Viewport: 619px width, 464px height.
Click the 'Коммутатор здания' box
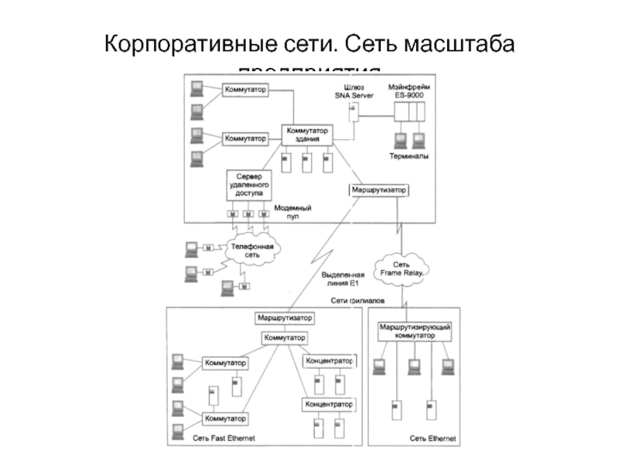pos(307,134)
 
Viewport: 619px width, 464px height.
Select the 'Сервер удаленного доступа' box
pos(249,186)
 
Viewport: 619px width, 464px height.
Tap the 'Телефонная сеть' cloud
pos(252,249)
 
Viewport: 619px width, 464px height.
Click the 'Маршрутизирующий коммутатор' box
pos(415,332)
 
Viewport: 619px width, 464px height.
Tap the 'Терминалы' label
pos(408,156)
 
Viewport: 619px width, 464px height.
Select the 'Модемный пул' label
pos(293,213)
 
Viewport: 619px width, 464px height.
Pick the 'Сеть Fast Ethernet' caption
pos(224,438)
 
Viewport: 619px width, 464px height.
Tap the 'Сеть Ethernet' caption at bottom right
pos(433,438)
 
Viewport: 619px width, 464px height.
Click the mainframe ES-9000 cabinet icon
pos(408,114)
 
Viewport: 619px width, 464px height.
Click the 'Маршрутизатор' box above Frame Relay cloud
pos(378,190)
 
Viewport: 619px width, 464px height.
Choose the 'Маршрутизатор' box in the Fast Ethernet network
pos(285,318)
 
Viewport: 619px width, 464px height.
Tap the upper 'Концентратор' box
pos(328,361)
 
